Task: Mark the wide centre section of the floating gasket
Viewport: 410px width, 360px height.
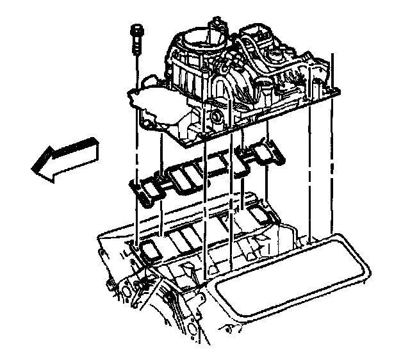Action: (x=199, y=172)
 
